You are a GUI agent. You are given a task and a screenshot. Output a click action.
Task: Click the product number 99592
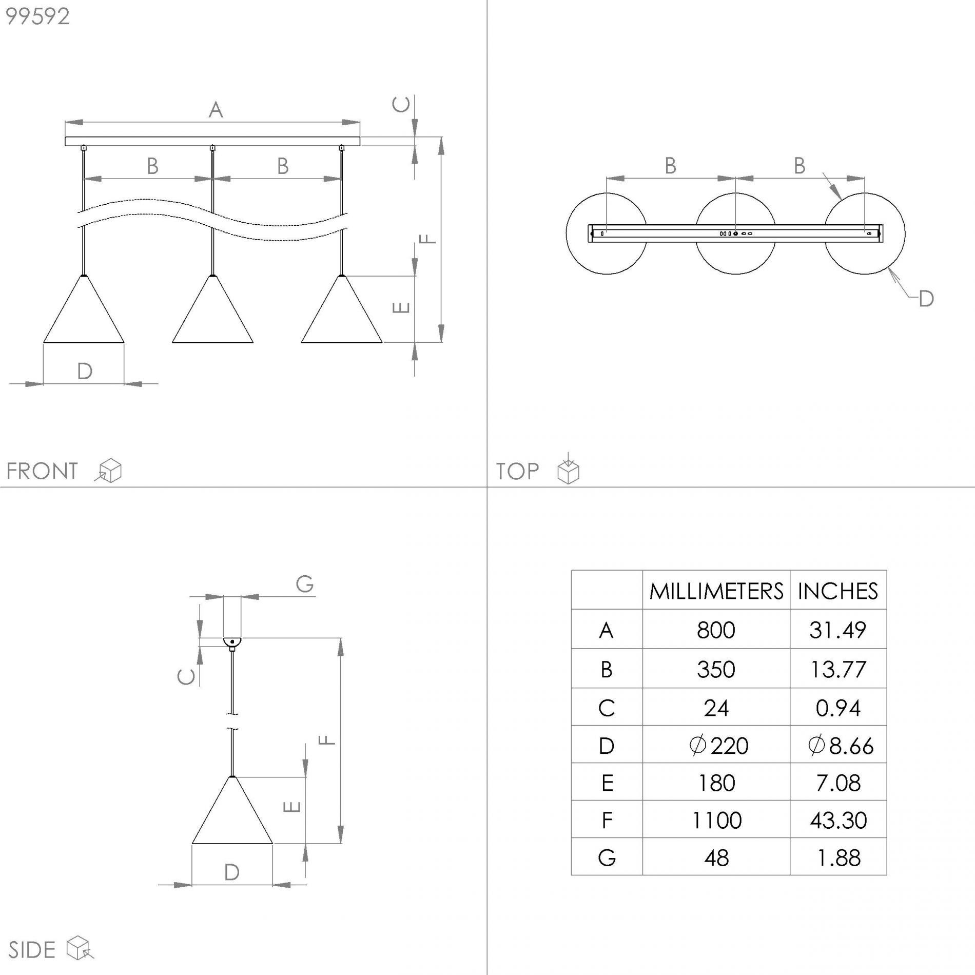pyautogui.click(x=37, y=16)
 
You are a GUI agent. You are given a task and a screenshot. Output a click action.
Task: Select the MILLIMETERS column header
pyautogui.click(x=716, y=591)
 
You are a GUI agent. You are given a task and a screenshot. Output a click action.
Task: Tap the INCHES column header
pyautogui.click(x=838, y=591)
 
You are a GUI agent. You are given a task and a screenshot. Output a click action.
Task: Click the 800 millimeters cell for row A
pyautogui.click(x=716, y=630)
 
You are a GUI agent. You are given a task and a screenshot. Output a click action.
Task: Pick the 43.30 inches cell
pyautogui.click(x=839, y=820)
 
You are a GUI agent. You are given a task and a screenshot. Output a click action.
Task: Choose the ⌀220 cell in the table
pyautogui.click(x=719, y=745)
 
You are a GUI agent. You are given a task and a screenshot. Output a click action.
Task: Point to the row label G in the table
pyautogui.click(x=607, y=857)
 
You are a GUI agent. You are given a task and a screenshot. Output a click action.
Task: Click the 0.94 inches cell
pyautogui.click(x=838, y=708)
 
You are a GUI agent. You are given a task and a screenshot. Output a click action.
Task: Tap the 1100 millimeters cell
pyautogui.click(x=716, y=820)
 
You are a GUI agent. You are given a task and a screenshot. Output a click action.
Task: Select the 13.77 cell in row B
pyautogui.click(x=838, y=669)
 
